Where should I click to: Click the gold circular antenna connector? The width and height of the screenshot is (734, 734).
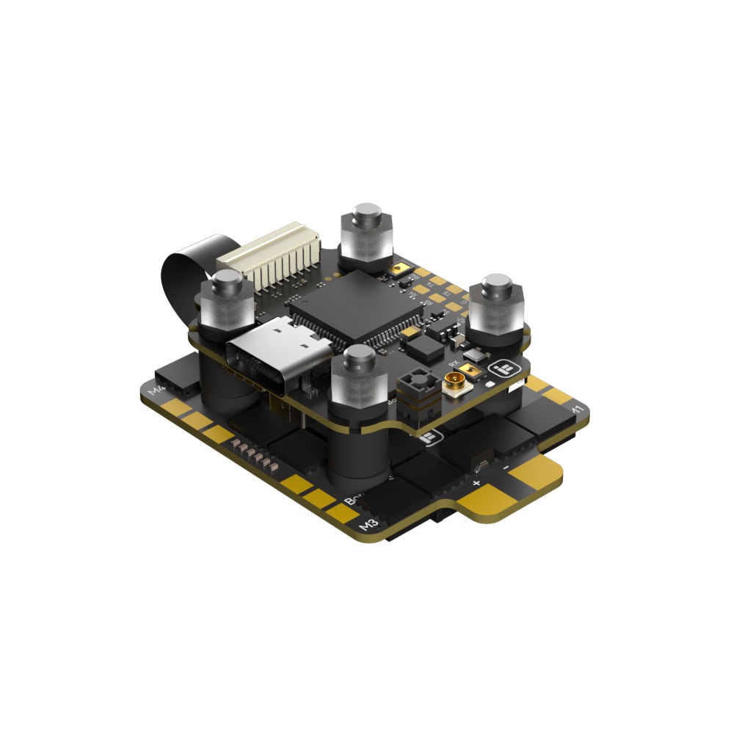pos(452,382)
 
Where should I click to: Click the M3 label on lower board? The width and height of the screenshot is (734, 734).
pos(368,524)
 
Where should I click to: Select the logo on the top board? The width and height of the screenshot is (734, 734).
pos(506,367)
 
